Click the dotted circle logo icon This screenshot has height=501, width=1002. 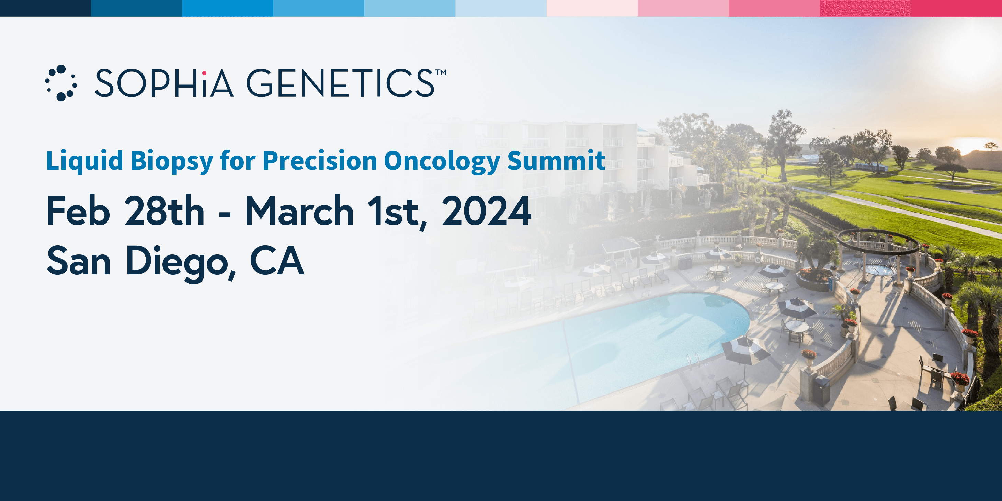click(61, 83)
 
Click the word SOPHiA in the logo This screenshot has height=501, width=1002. click(164, 83)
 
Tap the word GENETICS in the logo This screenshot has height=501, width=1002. click(340, 83)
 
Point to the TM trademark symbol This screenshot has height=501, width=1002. click(441, 72)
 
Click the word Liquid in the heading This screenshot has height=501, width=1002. click(84, 161)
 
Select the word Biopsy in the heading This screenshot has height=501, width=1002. click(172, 161)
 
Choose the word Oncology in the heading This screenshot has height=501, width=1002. click(442, 161)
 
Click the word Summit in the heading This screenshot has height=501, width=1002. click(556, 160)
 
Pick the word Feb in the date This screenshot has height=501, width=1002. click(78, 211)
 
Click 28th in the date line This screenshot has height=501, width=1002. click(164, 211)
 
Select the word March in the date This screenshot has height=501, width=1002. click(299, 211)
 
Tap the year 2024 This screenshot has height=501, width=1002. click(486, 211)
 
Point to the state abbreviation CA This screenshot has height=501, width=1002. click(276, 260)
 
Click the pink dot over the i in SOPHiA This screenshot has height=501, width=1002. click(204, 73)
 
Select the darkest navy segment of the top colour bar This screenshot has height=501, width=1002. click(46, 8)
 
